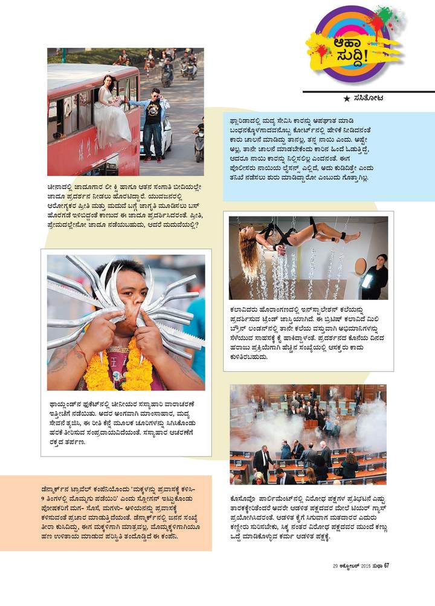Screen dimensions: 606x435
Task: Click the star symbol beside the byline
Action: click(x=346, y=98)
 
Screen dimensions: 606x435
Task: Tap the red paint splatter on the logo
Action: click(x=375, y=24)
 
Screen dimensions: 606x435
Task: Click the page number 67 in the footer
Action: click(x=385, y=565)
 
